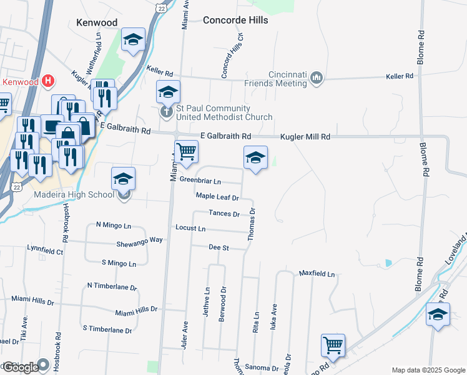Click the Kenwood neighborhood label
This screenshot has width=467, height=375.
click(96, 22)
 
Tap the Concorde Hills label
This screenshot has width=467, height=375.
click(235, 20)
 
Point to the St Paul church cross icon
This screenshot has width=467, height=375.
click(166, 113)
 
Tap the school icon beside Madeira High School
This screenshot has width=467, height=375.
click(124, 179)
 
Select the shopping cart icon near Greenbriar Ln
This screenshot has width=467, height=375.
click(186, 151)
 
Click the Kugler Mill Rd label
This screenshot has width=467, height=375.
click(305, 136)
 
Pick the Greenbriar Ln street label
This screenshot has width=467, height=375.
click(200, 181)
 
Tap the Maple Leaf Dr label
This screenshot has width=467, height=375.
click(217, 196)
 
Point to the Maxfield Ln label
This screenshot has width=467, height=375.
click(317, 274)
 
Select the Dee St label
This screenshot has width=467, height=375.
click(219, 247)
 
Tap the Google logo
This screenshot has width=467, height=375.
click(20, 367)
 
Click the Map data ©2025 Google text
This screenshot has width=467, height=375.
click(428, 369)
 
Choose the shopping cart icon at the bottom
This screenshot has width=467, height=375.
click(333, 345)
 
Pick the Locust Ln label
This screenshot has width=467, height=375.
click(190, 228)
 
